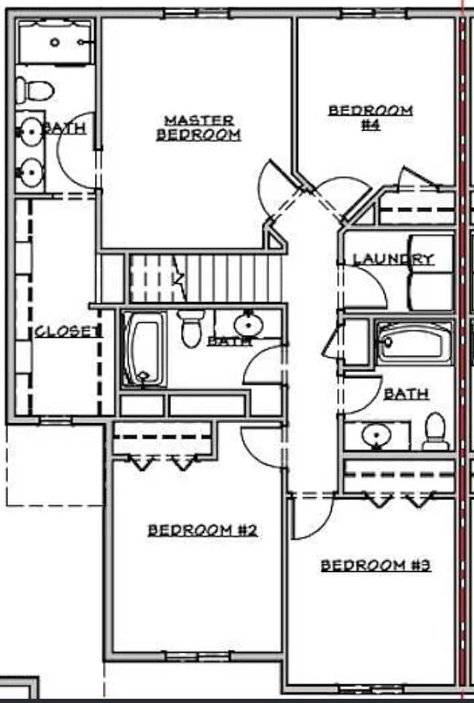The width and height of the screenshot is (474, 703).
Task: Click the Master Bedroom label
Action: pyautogui.click(x=198, y=127)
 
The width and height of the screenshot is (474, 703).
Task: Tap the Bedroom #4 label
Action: pyautogui.click(x=370, y=117)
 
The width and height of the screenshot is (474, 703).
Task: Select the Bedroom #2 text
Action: pyautogui.click(x=202, y=530)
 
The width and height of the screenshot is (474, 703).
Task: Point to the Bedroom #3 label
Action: pyautogui.click(x=376, y=565)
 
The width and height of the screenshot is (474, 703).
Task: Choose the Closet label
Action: pyautogui.click(x=66, y=331)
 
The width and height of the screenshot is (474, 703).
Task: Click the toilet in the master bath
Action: pyautogui.click(x=34, y=90)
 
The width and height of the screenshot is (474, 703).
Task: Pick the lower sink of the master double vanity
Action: pyautogui.click(x=31, y=173)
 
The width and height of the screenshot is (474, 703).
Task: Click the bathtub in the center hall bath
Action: pyautogui.click(x=144, y=349)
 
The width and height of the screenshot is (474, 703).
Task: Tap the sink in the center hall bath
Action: pyautogui.click(x=248, y=322)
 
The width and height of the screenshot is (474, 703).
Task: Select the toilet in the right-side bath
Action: pyautogui.click(x=435, y=432)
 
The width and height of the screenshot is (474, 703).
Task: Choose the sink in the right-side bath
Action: pyautogui.click(x=376, y=436)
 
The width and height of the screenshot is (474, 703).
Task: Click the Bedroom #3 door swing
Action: pyautogui.click(x=310, y=517)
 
